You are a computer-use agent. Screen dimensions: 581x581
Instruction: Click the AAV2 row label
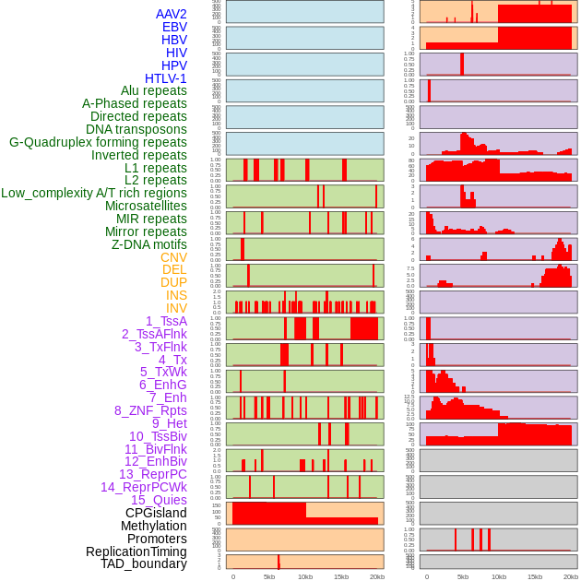[171, 14]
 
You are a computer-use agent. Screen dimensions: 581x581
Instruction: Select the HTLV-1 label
[165, 78]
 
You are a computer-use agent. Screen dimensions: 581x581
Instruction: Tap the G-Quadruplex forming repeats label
[98, 142]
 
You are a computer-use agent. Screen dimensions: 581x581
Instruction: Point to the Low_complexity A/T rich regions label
[94, 193]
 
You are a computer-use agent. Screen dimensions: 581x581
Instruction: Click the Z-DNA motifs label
[148, 244]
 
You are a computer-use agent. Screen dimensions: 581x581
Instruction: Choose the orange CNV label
[173, 257]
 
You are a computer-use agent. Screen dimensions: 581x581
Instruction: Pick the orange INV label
[176, 308]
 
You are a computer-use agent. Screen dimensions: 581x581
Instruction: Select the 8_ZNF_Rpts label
[150, 410]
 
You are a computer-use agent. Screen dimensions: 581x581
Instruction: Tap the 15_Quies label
[158, 500]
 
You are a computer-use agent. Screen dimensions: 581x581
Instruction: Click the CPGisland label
[156, 513]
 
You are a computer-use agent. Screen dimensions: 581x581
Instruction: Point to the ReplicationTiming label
[136, 551]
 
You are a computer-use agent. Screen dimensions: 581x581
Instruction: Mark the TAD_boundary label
[144, 563]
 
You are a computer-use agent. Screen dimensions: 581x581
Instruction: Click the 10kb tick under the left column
[305, 576]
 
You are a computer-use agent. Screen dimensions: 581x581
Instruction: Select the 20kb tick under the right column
[571, 576]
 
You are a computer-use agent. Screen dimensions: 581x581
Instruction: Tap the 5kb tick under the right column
[463, 576]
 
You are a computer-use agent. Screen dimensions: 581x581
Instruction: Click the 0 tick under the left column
[232, 576]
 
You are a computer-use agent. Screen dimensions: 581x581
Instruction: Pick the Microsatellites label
[146, 206]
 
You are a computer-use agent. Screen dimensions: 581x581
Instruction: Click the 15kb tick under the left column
[341, 576]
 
